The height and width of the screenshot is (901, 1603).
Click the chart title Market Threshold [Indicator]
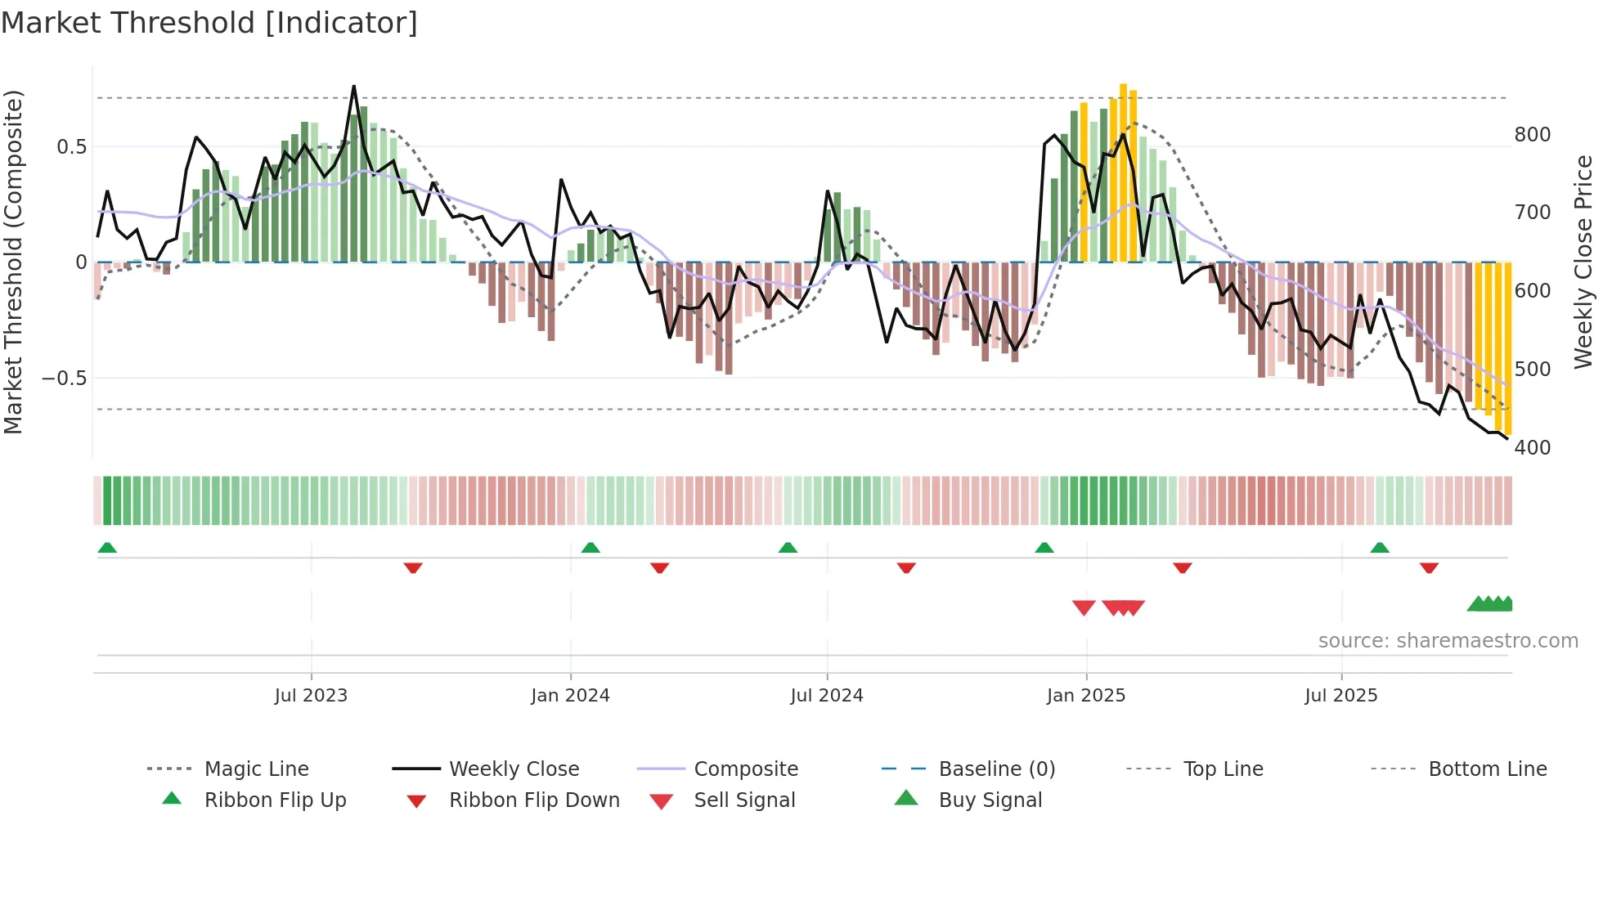pyautogui.click(x=209, y=23)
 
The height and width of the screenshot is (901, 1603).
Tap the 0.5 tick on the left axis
pyautogui.click(x=71, y=147)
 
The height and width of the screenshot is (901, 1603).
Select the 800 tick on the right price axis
pyautogui.click(x=1532, y=135)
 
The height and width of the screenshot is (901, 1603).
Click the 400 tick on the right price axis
pyautogui.click(x=1532, y=448)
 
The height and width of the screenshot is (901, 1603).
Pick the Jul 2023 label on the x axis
pyautogui.click(x=311, y=696)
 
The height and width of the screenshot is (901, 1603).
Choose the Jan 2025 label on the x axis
pyautogui.click(x=1085, y=696)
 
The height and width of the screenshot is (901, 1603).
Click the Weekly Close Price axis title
pyautogui.click(x=1583, y=262)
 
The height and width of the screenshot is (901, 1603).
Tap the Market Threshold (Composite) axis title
pyautogui.click(x=14, y=262)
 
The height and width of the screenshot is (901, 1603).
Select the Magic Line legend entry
pyautogui.click(x=256, y=769)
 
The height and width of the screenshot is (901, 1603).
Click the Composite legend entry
pyautogui.click(x=745, y=769)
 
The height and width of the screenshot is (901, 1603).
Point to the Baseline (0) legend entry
pyautogui.click(x=996, y=769)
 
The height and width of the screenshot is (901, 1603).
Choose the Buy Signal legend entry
pyautogui.click(x=990, y=800)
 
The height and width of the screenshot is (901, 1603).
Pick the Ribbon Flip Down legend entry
pyautogui.click(x=533, y=800)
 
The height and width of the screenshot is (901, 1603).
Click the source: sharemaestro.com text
pyautogui.click(x=1448, y=641)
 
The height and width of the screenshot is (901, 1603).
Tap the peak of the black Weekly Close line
pyautogui.click(x=354, y=87)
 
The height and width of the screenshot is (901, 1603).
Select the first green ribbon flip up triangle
pyautogui.click(x=107, y=548)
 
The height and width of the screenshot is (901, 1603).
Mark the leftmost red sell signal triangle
pyautogui.click(x=1084, y=607)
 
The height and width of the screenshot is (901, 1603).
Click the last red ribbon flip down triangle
pyautogui.click(x=1429, y=567)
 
